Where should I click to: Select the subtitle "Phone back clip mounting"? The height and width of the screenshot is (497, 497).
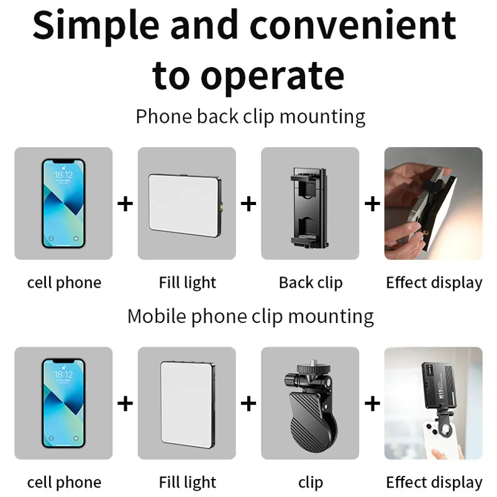coord(250,116)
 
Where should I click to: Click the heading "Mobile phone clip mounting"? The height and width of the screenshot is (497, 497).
coord(250,316)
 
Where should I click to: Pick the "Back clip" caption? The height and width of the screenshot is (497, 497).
coord(311,283)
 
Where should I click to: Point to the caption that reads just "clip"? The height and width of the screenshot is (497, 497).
coord(311,482)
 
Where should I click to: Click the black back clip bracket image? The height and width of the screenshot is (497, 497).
coord(309,203)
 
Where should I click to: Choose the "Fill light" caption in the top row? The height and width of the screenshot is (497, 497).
coord(187,283)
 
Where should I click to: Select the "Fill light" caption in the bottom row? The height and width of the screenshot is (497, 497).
coord(187,482)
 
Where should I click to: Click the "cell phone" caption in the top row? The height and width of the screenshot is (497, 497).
coord(64,283)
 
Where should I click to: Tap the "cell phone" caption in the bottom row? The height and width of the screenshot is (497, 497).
coord(64,482)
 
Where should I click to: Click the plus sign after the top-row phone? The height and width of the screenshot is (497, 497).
coord(125,203)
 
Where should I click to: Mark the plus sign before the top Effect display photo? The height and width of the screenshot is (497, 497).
coord(372,203)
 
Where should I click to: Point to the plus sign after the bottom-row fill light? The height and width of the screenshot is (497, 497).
coord(248,403)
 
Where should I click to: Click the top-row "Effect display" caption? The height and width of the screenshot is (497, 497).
coord(434,283)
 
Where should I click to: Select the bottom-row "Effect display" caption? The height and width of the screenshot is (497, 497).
coord(434,482)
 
